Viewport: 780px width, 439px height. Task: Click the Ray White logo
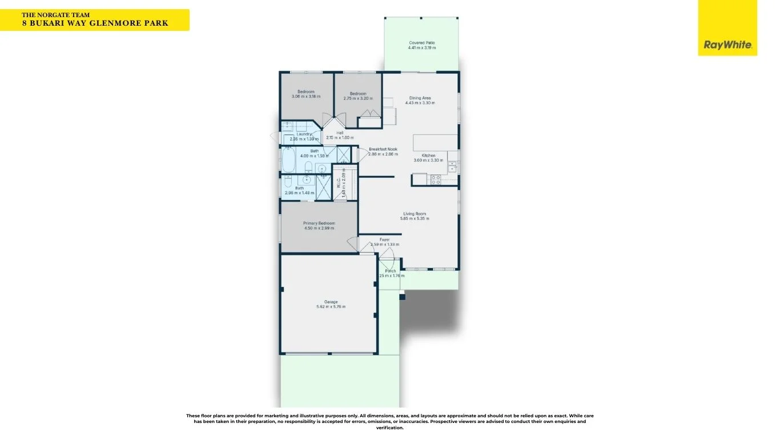(x=727, y=45)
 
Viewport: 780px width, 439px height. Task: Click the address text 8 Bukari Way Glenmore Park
(x=95, y=23)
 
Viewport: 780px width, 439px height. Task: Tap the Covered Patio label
(x=422, y=43)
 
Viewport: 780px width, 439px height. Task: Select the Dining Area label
(x=420, y=98)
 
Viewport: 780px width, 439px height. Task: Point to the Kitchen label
(x=428, y=155)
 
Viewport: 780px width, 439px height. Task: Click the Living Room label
(x=415, y=214)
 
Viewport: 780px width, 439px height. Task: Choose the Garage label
(x=331, y=302)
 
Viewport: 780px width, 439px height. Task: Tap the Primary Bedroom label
(x=319, y=223)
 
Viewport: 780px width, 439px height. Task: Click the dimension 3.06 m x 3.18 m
(x=305, y=97)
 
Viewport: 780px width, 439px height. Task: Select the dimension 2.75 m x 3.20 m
(x=358, y=98)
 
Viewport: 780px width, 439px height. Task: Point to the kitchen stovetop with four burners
(x=435, y=179)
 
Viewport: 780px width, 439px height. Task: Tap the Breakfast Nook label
(x=383, y=149)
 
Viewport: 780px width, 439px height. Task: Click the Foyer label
(x=384, y=240)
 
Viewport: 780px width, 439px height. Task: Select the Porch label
(x=391, y=271)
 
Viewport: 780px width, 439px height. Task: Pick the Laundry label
(x=304, y=134)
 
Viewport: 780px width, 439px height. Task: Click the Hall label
(x=340, y=133)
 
